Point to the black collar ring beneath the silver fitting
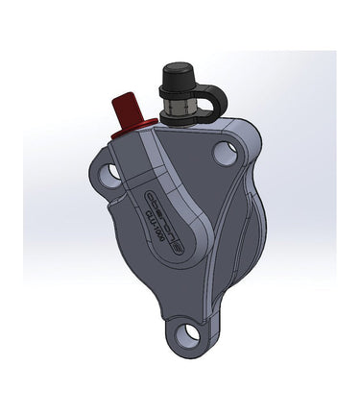pos(180,117)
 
